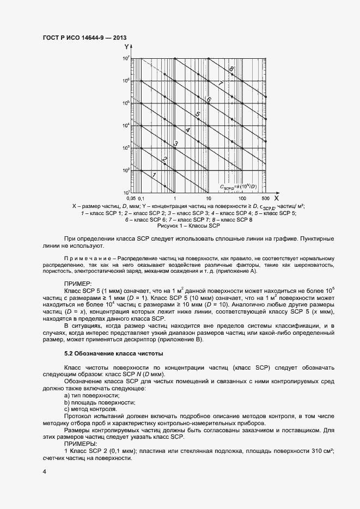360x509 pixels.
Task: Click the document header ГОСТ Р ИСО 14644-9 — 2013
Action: pos(84,38)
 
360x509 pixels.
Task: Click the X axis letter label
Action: pos(277,199)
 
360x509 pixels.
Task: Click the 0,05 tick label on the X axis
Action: pos(130,199)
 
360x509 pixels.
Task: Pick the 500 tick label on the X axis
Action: pos(266,199)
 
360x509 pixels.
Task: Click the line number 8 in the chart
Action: pos(231,69)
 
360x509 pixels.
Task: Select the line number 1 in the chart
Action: pos(154,174)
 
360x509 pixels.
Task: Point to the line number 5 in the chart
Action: pos(198,114)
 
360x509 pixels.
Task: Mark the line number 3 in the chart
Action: pos(176,144)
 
